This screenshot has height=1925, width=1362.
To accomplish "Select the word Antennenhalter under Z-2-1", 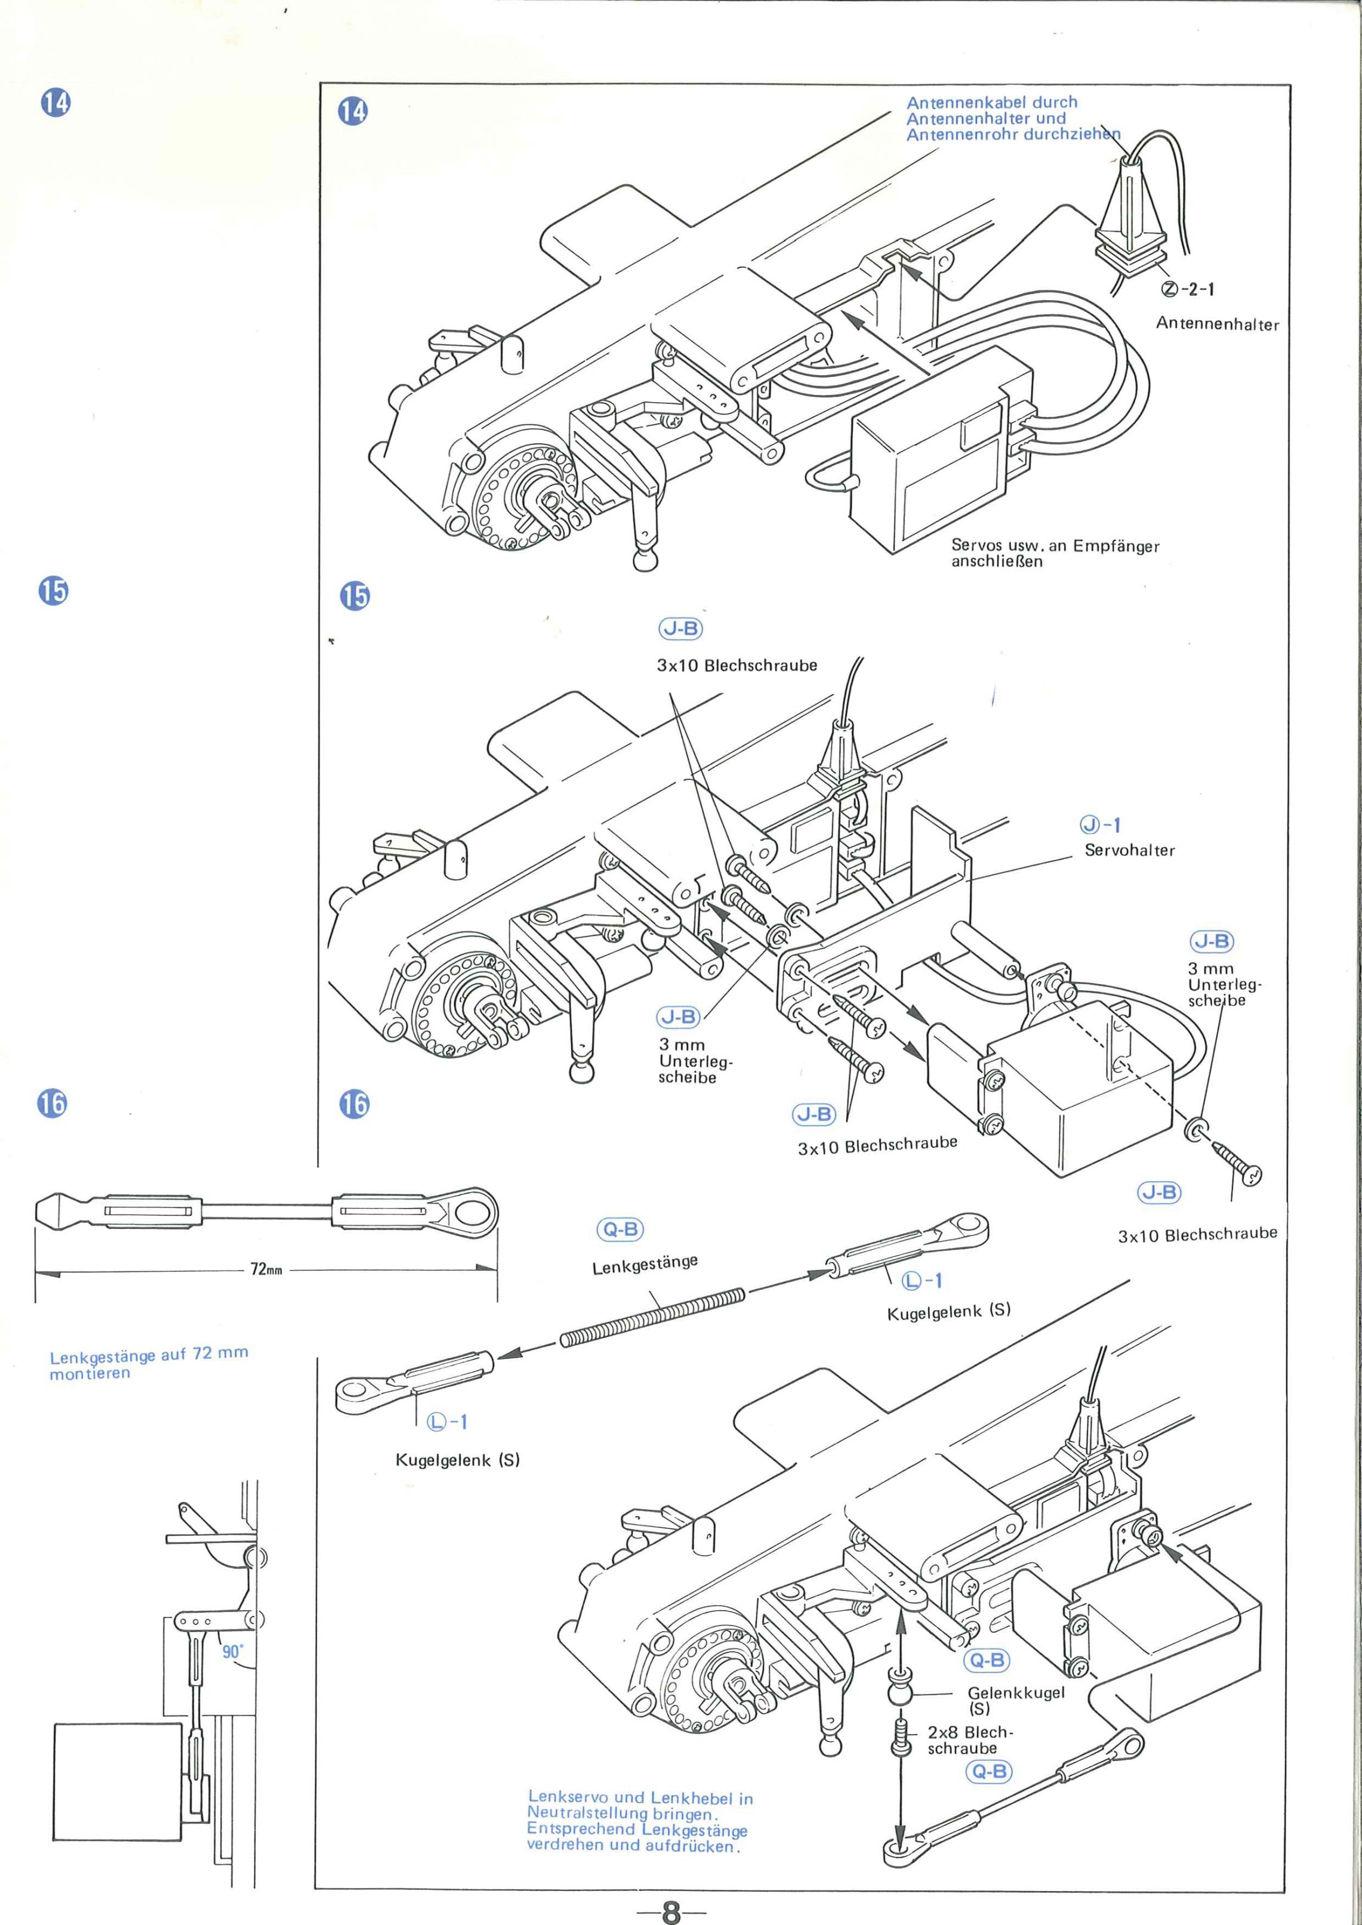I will [x=1217, y=324].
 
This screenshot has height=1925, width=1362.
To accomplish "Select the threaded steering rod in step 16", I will [x=652, y=1319].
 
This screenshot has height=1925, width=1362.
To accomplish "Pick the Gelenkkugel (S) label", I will [x=1016, y=1700].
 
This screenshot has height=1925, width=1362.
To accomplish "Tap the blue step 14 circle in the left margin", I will [x=56, y=103].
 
